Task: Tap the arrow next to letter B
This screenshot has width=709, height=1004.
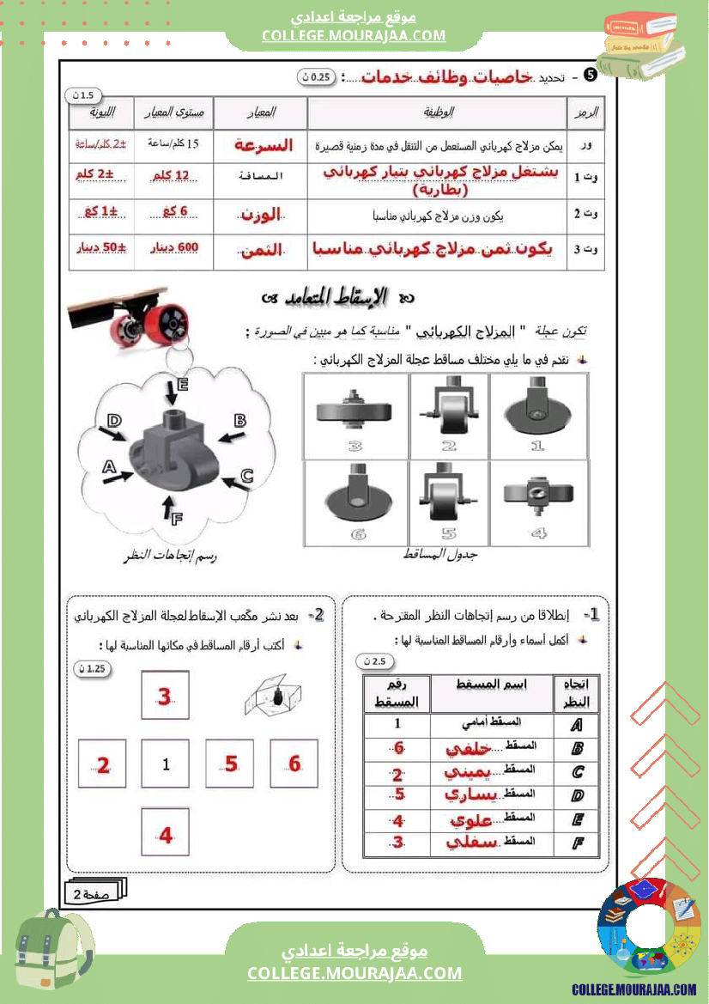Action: coord(228,437)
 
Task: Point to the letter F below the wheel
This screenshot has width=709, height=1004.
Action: coord(177,519)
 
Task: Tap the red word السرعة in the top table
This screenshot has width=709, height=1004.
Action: coord(264,145)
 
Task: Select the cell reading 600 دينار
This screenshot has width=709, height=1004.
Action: coord(173,248)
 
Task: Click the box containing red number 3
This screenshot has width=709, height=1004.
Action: coord(165,697)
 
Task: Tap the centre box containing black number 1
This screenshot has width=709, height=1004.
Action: coord(167,764)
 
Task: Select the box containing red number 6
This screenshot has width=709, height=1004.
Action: coord(294,764)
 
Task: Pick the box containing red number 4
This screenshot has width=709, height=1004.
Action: coord(166,832)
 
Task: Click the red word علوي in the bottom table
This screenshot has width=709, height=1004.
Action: coord(470,821)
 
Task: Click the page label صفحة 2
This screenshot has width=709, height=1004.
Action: coord(95,893)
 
